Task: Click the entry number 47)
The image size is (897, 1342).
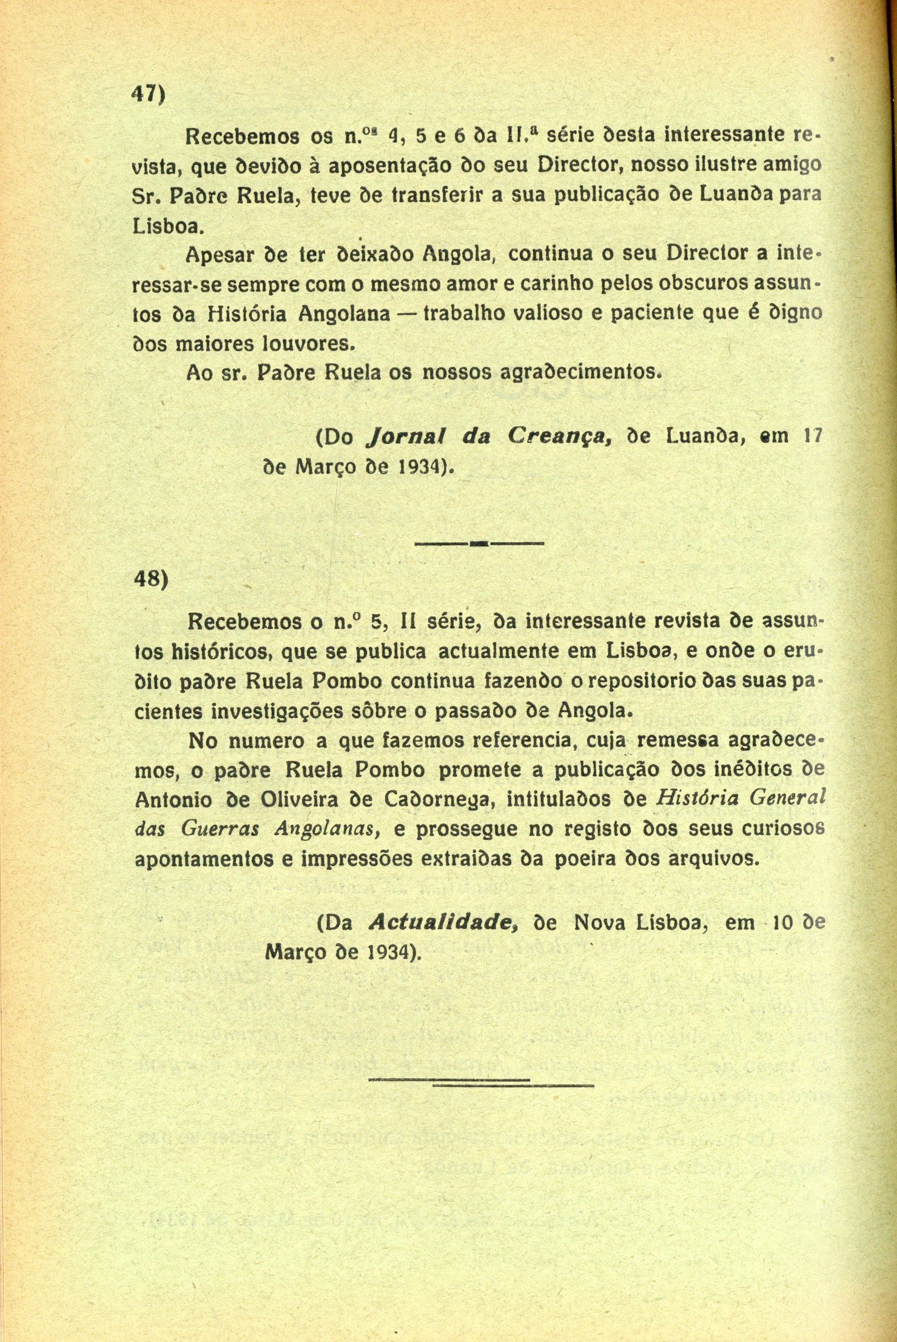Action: click(x=149, y=95)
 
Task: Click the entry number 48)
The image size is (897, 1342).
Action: click(x=150, y=580)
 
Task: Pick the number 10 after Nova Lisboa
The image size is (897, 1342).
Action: click(x=784, y=922)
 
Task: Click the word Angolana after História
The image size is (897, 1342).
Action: click(x=344, y=314)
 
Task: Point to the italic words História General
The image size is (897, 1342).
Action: click(x=741, y=799)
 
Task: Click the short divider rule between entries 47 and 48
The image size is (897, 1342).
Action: click(x=479, y=544)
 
